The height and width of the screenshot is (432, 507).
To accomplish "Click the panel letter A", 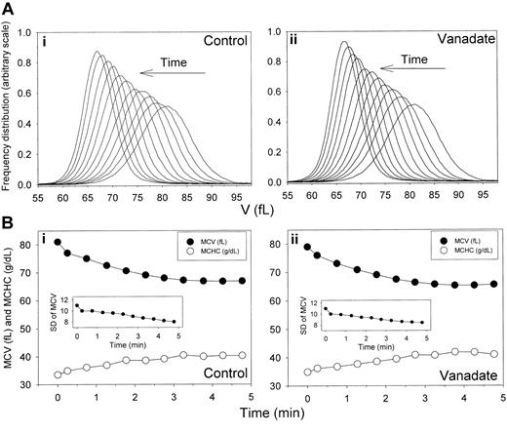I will point(10,8).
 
